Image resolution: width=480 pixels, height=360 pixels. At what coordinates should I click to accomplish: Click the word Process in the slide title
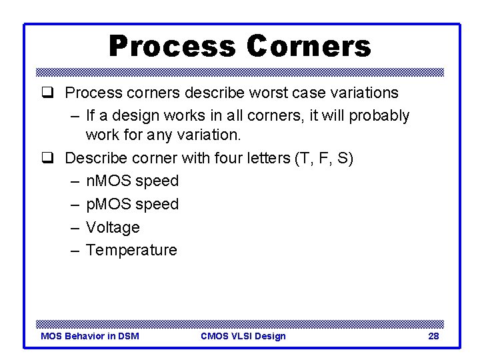point(172,47)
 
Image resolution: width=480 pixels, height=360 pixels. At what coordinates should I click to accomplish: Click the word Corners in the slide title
point(309,47)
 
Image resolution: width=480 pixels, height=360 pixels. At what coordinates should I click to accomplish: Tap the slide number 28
point(433,336)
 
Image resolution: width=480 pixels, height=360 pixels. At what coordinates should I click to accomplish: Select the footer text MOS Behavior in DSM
point(90,336)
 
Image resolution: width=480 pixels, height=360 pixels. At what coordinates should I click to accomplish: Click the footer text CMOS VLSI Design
point(243,336)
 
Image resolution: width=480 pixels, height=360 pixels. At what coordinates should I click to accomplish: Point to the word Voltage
point(113,227)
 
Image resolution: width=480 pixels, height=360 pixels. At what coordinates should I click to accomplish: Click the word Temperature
point(131,250)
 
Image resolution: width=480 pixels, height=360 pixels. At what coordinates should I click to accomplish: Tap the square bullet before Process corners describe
point(47,93)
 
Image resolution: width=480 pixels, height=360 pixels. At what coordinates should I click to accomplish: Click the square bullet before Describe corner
point(47,159)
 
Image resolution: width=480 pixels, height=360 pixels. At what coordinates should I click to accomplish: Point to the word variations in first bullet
point(365,93)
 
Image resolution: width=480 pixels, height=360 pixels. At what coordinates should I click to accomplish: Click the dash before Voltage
point(73,227)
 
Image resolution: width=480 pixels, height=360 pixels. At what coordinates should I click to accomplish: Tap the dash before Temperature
point(73,250)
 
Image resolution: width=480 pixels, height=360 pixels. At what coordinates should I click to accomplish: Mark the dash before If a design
point(73,116)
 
